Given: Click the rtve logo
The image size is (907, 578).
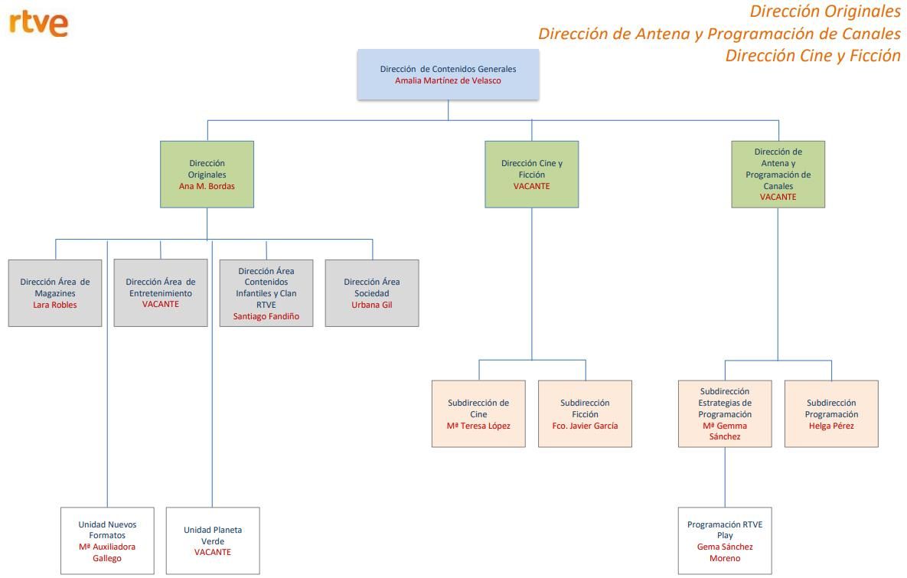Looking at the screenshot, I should coord(39,24).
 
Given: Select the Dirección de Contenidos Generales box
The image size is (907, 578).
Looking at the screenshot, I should coord(448,74).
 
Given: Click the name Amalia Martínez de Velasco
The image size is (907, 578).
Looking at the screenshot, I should coord(448,80).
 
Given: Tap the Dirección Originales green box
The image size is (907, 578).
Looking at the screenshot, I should coord(207,174).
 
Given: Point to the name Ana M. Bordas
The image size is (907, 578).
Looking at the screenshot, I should coord(207,186).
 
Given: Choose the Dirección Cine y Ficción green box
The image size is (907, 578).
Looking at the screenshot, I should coord(531,174).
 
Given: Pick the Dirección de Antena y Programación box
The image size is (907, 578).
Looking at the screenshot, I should coord(778,174).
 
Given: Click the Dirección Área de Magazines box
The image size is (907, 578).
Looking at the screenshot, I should coord(55,292).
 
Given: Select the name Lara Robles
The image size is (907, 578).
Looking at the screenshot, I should coord(55,305).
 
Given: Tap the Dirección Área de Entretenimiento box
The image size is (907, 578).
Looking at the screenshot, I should coord(161,292).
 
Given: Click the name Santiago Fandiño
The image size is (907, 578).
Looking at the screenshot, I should coord(266,316).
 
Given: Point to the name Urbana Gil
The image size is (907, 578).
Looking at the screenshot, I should coord(372,305).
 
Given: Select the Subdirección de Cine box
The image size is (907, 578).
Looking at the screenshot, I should coord(478,413).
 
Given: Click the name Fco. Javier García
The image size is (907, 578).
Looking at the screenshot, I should coord(585,426).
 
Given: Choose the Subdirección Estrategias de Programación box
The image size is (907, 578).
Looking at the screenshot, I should coord(725,413).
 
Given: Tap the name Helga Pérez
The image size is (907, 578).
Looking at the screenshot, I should coord(831,426).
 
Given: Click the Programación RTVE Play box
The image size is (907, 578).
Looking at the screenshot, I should coord(725,540).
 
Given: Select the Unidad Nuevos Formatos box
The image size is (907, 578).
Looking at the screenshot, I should coord(107,540).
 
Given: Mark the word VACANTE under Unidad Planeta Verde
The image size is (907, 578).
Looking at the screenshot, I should coord(213,552).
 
